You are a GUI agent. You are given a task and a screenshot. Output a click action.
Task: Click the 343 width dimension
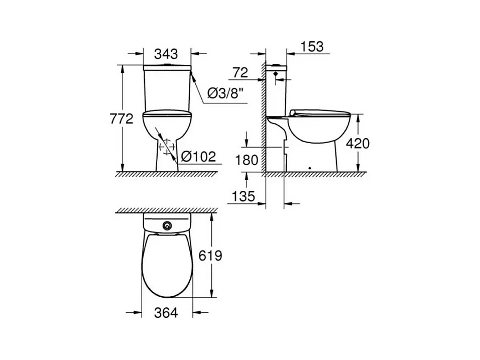[x=166, y=54]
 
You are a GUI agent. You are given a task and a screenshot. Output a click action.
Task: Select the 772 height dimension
[x=122, y=119]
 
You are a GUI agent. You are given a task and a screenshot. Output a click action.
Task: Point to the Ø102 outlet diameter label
[x=198, y=157]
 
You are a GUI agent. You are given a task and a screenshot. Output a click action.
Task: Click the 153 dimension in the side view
[x=312, y=47]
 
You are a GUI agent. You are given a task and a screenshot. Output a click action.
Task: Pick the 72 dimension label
[x=241, y=72]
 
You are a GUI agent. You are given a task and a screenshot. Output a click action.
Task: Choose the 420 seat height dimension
[x=357, y=143]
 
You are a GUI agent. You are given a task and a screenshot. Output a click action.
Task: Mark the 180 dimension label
[x=247, y=160]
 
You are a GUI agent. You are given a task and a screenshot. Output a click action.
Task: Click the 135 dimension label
[x=244, y=196]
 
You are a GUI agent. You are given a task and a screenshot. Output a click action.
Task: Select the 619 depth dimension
[x=210, y=256]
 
